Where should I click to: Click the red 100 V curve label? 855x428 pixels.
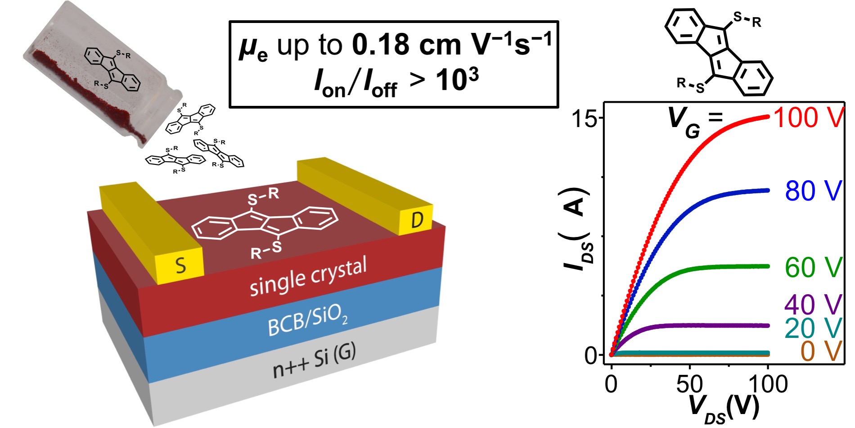tap(808, 118)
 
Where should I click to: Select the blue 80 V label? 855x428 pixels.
tap(813, 191)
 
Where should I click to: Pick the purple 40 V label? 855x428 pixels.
tap(813, 305)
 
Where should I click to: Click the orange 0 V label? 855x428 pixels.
tap(821, 351)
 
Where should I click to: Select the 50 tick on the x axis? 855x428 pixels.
tap(689, 384)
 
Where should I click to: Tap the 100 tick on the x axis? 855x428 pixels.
tap(768, 384)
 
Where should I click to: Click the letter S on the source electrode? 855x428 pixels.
tap(180, 265)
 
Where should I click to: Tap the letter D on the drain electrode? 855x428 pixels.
tap(417, 220)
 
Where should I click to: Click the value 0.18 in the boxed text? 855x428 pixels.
tap(381, 45)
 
